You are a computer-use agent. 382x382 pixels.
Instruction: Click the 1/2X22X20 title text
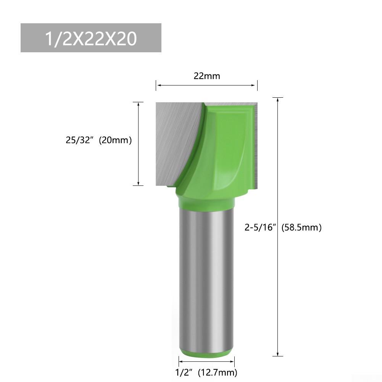[91, 39]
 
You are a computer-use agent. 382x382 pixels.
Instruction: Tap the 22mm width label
[207, 76]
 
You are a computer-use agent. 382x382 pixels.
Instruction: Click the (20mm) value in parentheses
[115, 140]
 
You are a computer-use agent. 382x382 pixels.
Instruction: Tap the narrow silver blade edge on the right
[256, 145]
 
